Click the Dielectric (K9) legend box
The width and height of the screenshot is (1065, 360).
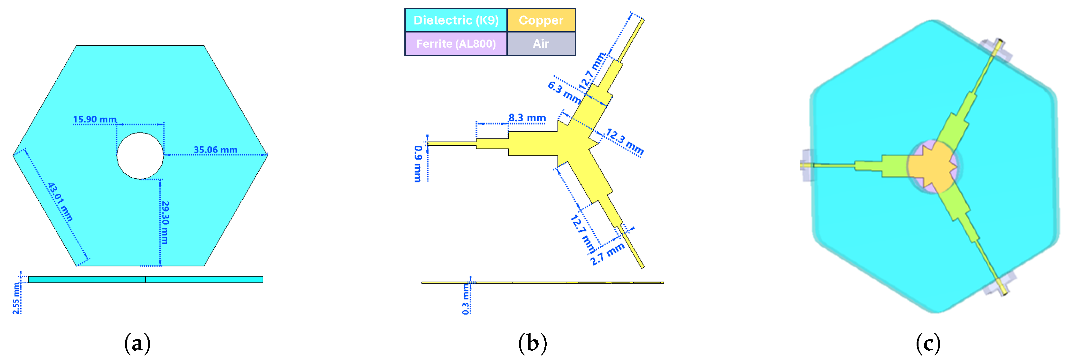click(456, 20)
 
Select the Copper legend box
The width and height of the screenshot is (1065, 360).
click(541, 20)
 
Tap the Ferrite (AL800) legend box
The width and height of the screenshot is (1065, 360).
click(456, 43)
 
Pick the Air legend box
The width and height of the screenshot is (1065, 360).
click(541, 43)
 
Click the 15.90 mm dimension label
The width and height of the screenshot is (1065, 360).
click(95, 119)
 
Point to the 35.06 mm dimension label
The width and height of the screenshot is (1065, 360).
click(215, 150)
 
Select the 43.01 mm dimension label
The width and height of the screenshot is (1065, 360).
click(60, 202)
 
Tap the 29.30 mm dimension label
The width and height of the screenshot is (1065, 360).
click(165, 222)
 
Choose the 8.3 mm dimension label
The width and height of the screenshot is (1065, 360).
click(527, 118)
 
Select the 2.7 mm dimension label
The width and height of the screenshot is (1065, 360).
click(607, 254)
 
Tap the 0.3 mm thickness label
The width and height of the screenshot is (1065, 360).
click(466, 299)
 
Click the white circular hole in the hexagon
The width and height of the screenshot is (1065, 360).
click(140, 156)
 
